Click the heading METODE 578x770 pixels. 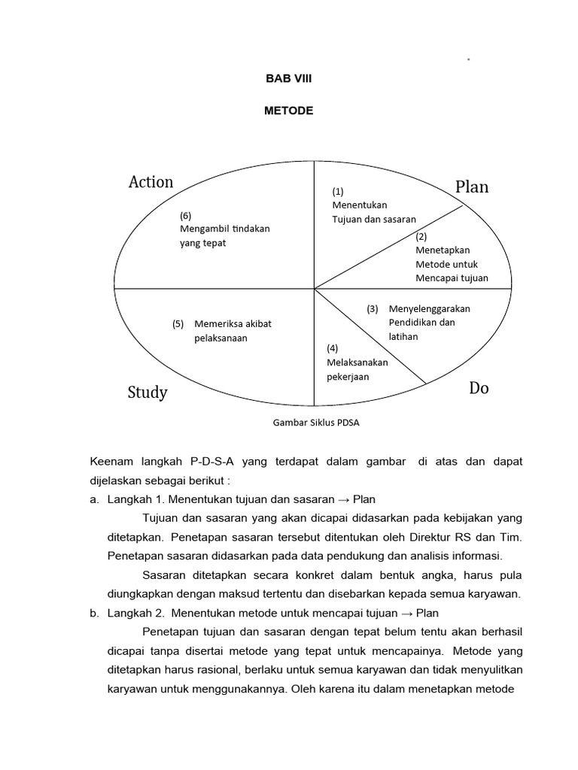pos(288,111)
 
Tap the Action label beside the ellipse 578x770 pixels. pos(151,182)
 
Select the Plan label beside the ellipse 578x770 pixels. pos(472,187)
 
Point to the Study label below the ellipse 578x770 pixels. pos(148,393)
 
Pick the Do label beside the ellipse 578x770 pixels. pos(479,388)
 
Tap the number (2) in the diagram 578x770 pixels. pos(421,236)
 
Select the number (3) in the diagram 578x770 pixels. pos(373,308)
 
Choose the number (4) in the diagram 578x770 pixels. pos(333,348)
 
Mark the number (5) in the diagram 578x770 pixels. pos(178,324)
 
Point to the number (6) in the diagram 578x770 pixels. pos(185,216)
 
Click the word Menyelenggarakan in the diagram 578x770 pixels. pos(430,308)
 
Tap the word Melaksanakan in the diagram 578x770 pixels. pos(357,362)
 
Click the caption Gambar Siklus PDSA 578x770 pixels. pos(316,422)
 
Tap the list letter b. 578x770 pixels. pos(94,614)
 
